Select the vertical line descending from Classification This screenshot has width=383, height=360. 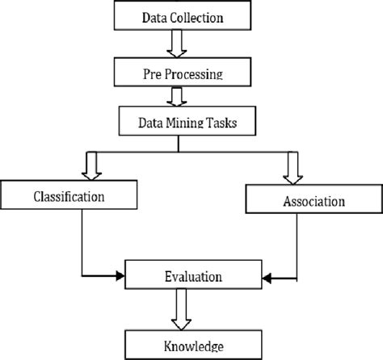[x=82, y=242]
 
